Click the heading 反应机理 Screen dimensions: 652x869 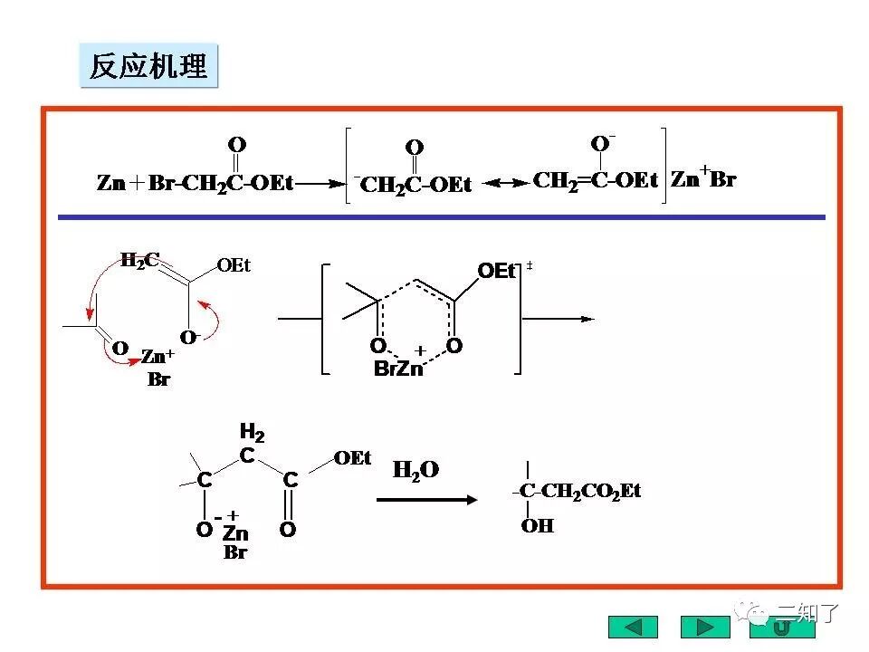click(148, 66)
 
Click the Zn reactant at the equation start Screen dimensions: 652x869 click(111, 183)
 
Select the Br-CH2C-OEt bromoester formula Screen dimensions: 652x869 click(221, 183)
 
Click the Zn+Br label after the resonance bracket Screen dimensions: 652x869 click(703, 179)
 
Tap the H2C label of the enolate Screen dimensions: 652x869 click(140, 261)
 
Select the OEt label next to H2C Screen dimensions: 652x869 click(234, 265)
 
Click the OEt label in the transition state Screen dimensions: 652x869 click(495, 270)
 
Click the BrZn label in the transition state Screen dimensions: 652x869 click(398, 369)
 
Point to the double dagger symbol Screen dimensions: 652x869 click(530, 265)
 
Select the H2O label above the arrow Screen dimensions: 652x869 click(415, 470)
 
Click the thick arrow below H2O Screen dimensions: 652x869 click(426, 499)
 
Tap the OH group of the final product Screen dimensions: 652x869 click(537, 526)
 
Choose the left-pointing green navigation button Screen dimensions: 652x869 click(633, 627)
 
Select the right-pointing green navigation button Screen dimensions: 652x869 click(704, 627)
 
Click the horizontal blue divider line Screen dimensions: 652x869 click(442, 217)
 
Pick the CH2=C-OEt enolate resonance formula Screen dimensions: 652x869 click(595, 179)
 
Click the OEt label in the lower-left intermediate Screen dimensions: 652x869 click(352, 458)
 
